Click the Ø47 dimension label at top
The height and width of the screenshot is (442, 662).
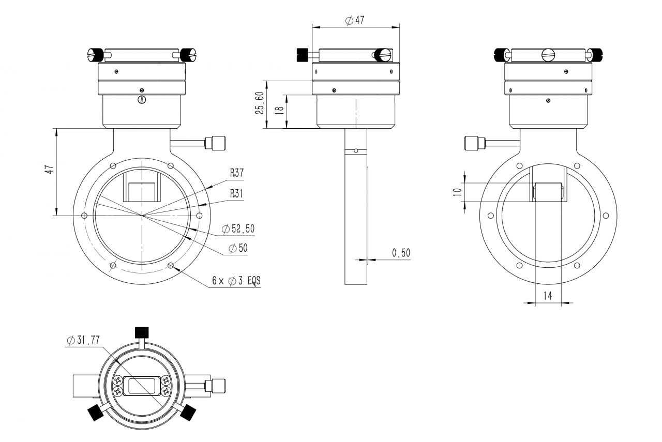point(355,20)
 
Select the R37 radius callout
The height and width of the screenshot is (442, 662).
point(237,173)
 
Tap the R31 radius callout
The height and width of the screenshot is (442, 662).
point(236,193)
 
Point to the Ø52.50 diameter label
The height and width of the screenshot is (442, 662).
point(238,228)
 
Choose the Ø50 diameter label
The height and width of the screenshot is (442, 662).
point(238,248)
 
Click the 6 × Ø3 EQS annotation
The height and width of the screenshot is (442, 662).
point(236,280)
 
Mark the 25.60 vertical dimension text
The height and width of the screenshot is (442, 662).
point(260,103)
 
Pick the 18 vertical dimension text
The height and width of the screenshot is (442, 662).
point(279,110)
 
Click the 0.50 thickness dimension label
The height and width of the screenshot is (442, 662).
point(401,253)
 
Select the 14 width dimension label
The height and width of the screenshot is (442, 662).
point(548,296)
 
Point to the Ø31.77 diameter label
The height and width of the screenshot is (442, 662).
point(84,340)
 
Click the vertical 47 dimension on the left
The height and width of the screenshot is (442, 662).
point(49,169)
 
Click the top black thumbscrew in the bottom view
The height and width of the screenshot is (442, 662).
point(142,333)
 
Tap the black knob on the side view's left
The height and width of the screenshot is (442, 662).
point(302,55)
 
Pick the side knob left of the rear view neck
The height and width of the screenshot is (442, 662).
point(475,143)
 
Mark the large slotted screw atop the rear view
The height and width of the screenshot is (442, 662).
point(548,55)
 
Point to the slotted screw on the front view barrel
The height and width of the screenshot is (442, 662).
point(142,100)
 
